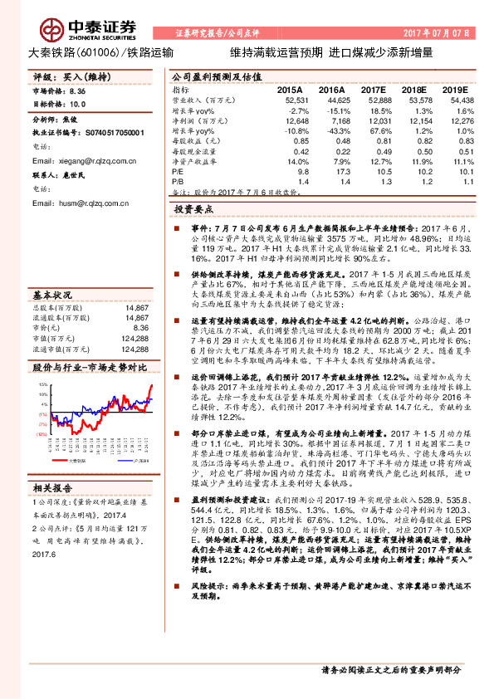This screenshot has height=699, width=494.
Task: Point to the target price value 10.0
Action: point(77,105)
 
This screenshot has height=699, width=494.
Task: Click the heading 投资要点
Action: point(201,210)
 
